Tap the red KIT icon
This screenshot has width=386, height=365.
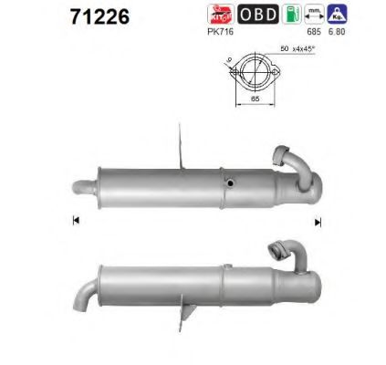[220, 15]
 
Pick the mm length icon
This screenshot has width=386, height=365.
[314, 14]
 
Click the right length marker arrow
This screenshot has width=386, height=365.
[318, 221]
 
